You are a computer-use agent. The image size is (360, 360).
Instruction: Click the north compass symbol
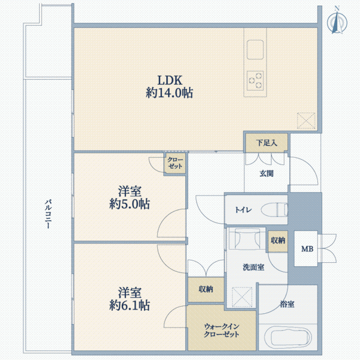337,22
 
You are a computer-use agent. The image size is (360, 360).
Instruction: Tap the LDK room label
170,80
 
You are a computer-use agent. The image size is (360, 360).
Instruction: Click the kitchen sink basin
255,50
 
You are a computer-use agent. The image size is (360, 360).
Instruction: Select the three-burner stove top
255,81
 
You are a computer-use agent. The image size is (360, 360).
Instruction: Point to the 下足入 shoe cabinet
266,143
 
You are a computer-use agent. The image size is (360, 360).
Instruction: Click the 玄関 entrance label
266,173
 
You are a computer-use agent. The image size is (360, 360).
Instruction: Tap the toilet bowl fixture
274,209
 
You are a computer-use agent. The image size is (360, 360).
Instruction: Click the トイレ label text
244,209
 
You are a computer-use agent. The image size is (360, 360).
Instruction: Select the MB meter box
306,248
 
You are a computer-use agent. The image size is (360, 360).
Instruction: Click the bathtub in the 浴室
287,337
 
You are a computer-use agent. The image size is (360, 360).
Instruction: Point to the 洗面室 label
253,267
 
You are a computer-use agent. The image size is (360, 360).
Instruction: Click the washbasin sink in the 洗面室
247,239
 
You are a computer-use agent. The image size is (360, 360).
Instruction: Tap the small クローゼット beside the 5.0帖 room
175,163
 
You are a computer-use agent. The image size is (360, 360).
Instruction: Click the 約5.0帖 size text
130,204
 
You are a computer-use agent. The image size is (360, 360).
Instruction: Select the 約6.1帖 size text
130,305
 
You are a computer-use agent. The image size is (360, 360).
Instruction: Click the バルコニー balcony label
48,214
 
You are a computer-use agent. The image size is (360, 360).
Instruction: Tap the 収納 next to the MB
278,241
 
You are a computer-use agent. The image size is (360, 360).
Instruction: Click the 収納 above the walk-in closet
206,289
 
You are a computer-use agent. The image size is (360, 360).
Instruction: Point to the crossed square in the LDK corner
306,121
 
